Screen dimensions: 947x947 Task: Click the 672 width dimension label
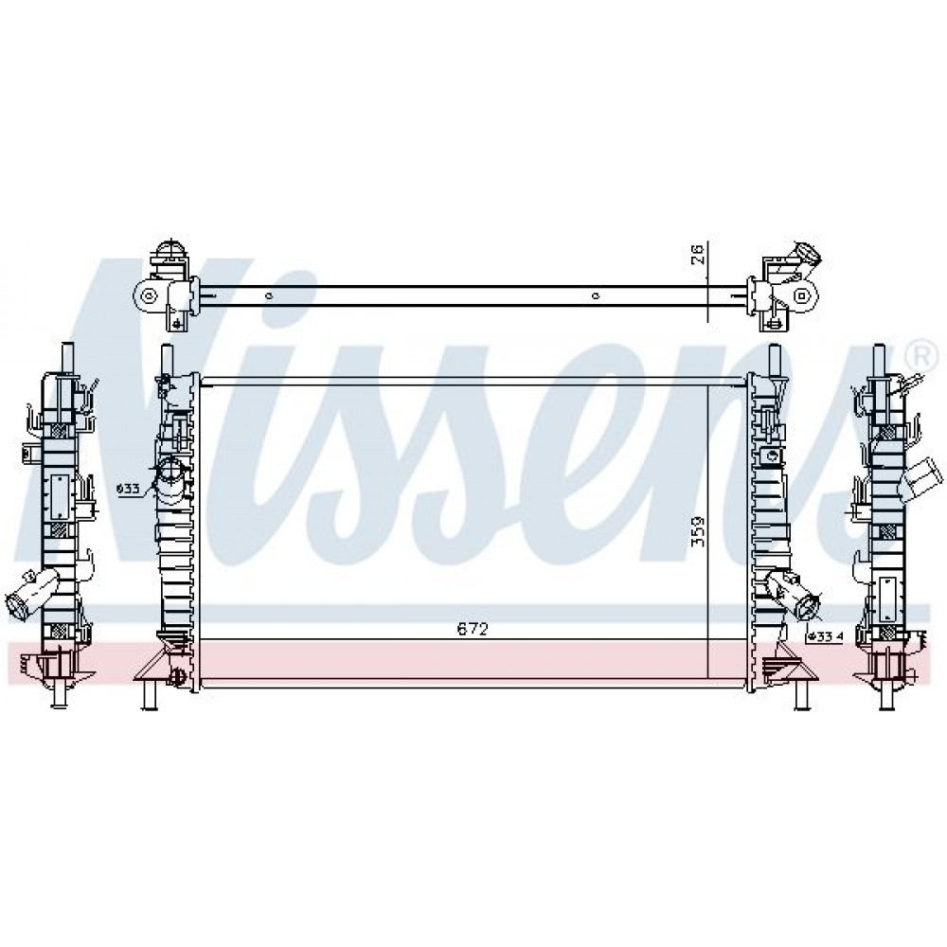(x=472, y=630)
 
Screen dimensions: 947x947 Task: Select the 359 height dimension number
(x=698, y=531)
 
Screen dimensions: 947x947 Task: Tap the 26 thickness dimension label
(x=698, y=254)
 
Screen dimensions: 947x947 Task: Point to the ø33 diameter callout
(x=129, y=489)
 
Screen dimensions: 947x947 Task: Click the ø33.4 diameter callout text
(x=825, y=636)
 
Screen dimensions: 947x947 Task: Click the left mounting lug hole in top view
(x=149, y=295)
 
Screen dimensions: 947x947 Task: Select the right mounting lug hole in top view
(x=801, y=295)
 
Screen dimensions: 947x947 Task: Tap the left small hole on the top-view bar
(x=269, y=295)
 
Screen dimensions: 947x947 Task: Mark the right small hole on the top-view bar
(x=596, y=295)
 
